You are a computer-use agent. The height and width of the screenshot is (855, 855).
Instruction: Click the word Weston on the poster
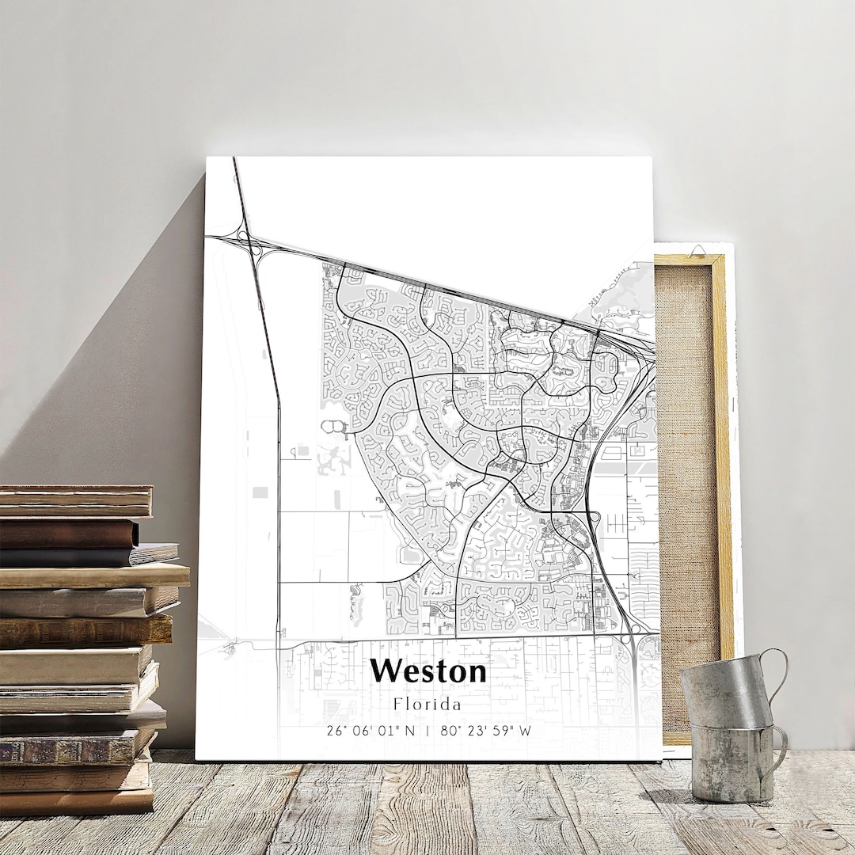pyautogui.click(x=427, y=671)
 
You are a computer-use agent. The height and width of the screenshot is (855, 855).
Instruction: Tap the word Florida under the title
pyautogui.click(x=427, y=703)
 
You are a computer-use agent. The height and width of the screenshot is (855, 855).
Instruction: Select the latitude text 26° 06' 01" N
pyautogui.click(x=370, y=731)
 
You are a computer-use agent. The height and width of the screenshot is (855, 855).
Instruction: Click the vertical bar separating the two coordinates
pyautogui.click(x=427, y=731)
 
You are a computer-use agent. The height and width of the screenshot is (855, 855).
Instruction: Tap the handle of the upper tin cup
pyautogui.click(x=777, y=673)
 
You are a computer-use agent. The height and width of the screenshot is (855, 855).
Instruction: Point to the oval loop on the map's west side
pyautogui.click(x=335, y=428)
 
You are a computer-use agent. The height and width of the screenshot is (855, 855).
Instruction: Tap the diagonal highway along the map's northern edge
pyautogui.click(x=443, y=286)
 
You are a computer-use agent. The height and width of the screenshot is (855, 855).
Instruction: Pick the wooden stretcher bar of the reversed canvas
pyautogui.click(x=721, y=475)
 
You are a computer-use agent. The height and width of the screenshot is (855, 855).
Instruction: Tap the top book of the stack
pyautogui.click(x=75, y=501)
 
